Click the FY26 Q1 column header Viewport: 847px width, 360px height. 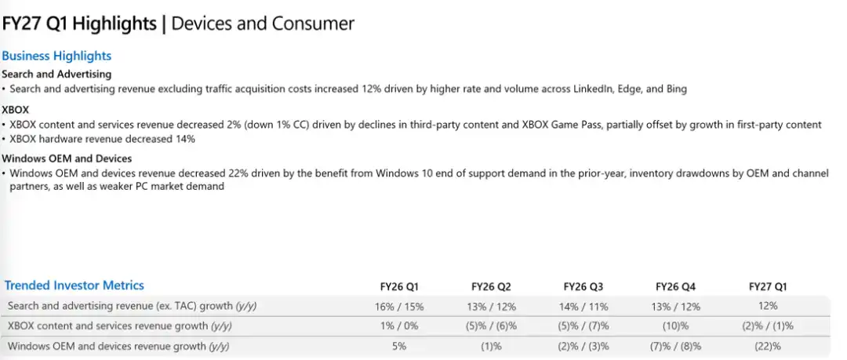(x=399, y=286)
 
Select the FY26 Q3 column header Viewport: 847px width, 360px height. (x=583, y=286)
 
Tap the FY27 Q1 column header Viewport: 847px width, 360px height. (x=768, y=286)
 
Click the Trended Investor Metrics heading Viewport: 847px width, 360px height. (x=75, y=285)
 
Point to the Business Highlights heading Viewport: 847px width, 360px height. (x=56, y=56)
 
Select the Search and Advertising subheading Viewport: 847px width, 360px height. (x=56, y=74)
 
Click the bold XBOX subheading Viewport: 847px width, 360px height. (x=16, y=109)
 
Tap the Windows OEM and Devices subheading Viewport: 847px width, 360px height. (x=67, y=158)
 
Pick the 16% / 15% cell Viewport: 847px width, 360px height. (x=399, y=307)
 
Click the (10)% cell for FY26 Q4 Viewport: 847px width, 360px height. (x=675, y=326)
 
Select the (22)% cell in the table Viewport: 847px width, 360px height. (x=768, y=346)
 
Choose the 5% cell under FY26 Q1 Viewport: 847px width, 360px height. (x=399, y=346)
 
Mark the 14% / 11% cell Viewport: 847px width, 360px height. (x=583, y=307)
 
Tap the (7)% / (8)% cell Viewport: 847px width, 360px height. (x=675, y=346)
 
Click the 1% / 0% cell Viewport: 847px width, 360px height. (x=399, y=326)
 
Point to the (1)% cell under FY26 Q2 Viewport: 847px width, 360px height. (x=491, y=346)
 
